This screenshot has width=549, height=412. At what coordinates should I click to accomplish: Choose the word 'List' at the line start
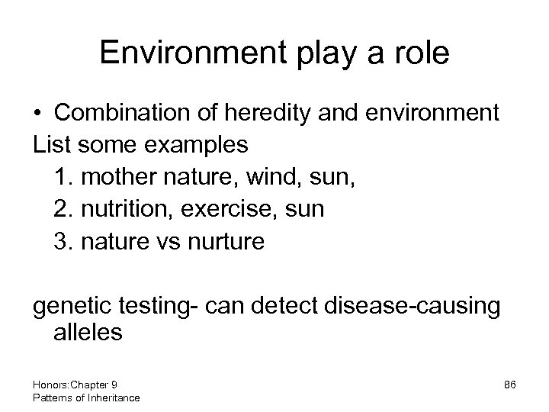click(50, 145)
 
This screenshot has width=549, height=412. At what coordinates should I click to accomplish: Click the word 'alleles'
click(88, 333)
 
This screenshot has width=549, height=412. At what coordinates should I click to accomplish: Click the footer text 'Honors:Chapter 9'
click(75, 385)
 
